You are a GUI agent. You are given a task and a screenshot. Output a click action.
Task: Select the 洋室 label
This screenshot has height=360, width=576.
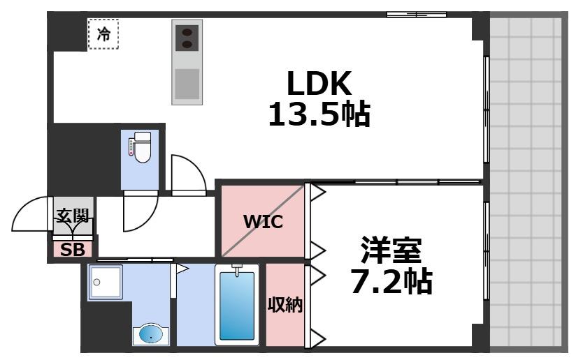[391, 250]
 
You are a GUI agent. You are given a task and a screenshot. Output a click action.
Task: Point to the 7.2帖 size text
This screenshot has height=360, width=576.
[391, 280]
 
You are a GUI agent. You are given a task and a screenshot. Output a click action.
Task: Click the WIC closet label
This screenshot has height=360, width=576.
[262, 223]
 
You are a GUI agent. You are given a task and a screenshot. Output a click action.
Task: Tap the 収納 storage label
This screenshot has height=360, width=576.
[285, 305]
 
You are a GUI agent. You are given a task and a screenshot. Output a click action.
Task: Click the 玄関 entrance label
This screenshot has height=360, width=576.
[73, 216]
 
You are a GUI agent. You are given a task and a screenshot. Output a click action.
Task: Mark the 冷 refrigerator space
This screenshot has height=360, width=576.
[103, 34]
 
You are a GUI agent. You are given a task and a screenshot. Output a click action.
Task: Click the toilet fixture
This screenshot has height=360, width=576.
[141, 148]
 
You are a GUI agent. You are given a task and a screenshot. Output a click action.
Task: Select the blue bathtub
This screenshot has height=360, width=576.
[237, 306]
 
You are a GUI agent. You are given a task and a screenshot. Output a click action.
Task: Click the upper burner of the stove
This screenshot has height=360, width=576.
[187, 31]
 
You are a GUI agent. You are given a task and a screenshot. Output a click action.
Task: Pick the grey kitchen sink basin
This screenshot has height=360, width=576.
[187, 84]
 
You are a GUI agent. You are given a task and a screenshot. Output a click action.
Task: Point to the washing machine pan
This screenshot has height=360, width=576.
[105, 283]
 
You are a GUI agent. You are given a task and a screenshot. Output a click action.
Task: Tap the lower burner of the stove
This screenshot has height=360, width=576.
[187, 45]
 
